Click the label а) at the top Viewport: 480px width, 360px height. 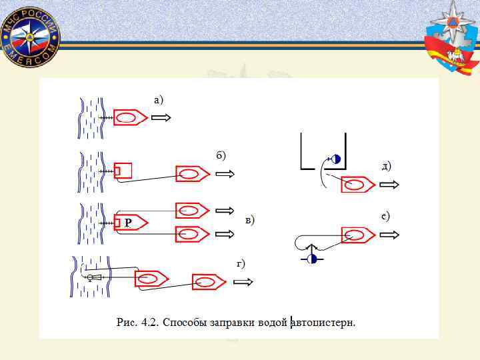coord(158,100)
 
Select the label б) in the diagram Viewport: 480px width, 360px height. coord(221,155)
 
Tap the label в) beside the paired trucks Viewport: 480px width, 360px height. coord(250,220)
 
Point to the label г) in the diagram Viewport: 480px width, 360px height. coord(241,264)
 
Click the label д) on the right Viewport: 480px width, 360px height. coord(387,165)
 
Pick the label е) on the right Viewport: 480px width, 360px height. coord(385,216)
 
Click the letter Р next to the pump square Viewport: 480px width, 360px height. coord(128,223)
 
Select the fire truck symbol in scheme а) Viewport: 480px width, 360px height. coord(131,117)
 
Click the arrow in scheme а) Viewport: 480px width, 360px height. coord(161,117)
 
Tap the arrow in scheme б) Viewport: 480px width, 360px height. coord(225,175)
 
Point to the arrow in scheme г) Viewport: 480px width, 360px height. coord(244,282)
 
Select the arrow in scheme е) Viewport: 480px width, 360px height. coord(389,235)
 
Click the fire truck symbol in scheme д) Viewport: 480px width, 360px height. coord(358,185)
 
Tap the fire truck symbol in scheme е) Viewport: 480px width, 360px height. coord(358,235)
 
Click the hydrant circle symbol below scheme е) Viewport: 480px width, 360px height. coord(311,258)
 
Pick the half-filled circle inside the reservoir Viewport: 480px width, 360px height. coord(335,159)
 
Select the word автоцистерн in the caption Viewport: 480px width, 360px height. coord(323,323)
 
